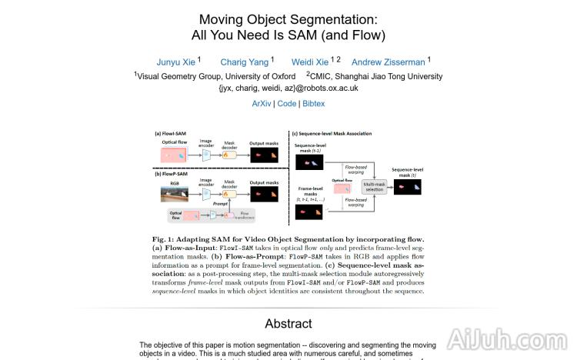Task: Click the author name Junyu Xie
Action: tap(176, 62)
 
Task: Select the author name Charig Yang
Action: tap(245, 62)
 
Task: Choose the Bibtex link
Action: tap(313, 103)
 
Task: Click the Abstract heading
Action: tap(288, 323)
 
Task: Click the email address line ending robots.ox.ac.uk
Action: tap(288, 88)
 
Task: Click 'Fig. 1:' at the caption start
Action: tap(165, 240)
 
